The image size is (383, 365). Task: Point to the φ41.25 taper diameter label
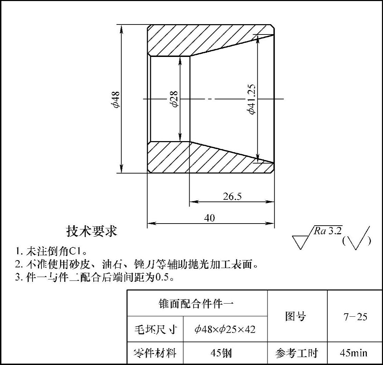251,99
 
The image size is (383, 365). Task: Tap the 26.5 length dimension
232,196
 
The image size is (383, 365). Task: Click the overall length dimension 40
209,218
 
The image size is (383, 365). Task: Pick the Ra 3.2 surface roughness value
328,231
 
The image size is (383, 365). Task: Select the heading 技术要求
92,231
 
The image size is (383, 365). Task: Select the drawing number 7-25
355,317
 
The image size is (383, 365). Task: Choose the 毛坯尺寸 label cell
155,329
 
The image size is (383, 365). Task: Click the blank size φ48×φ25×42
225,329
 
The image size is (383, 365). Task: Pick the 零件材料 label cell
155,353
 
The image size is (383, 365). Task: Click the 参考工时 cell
296,353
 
